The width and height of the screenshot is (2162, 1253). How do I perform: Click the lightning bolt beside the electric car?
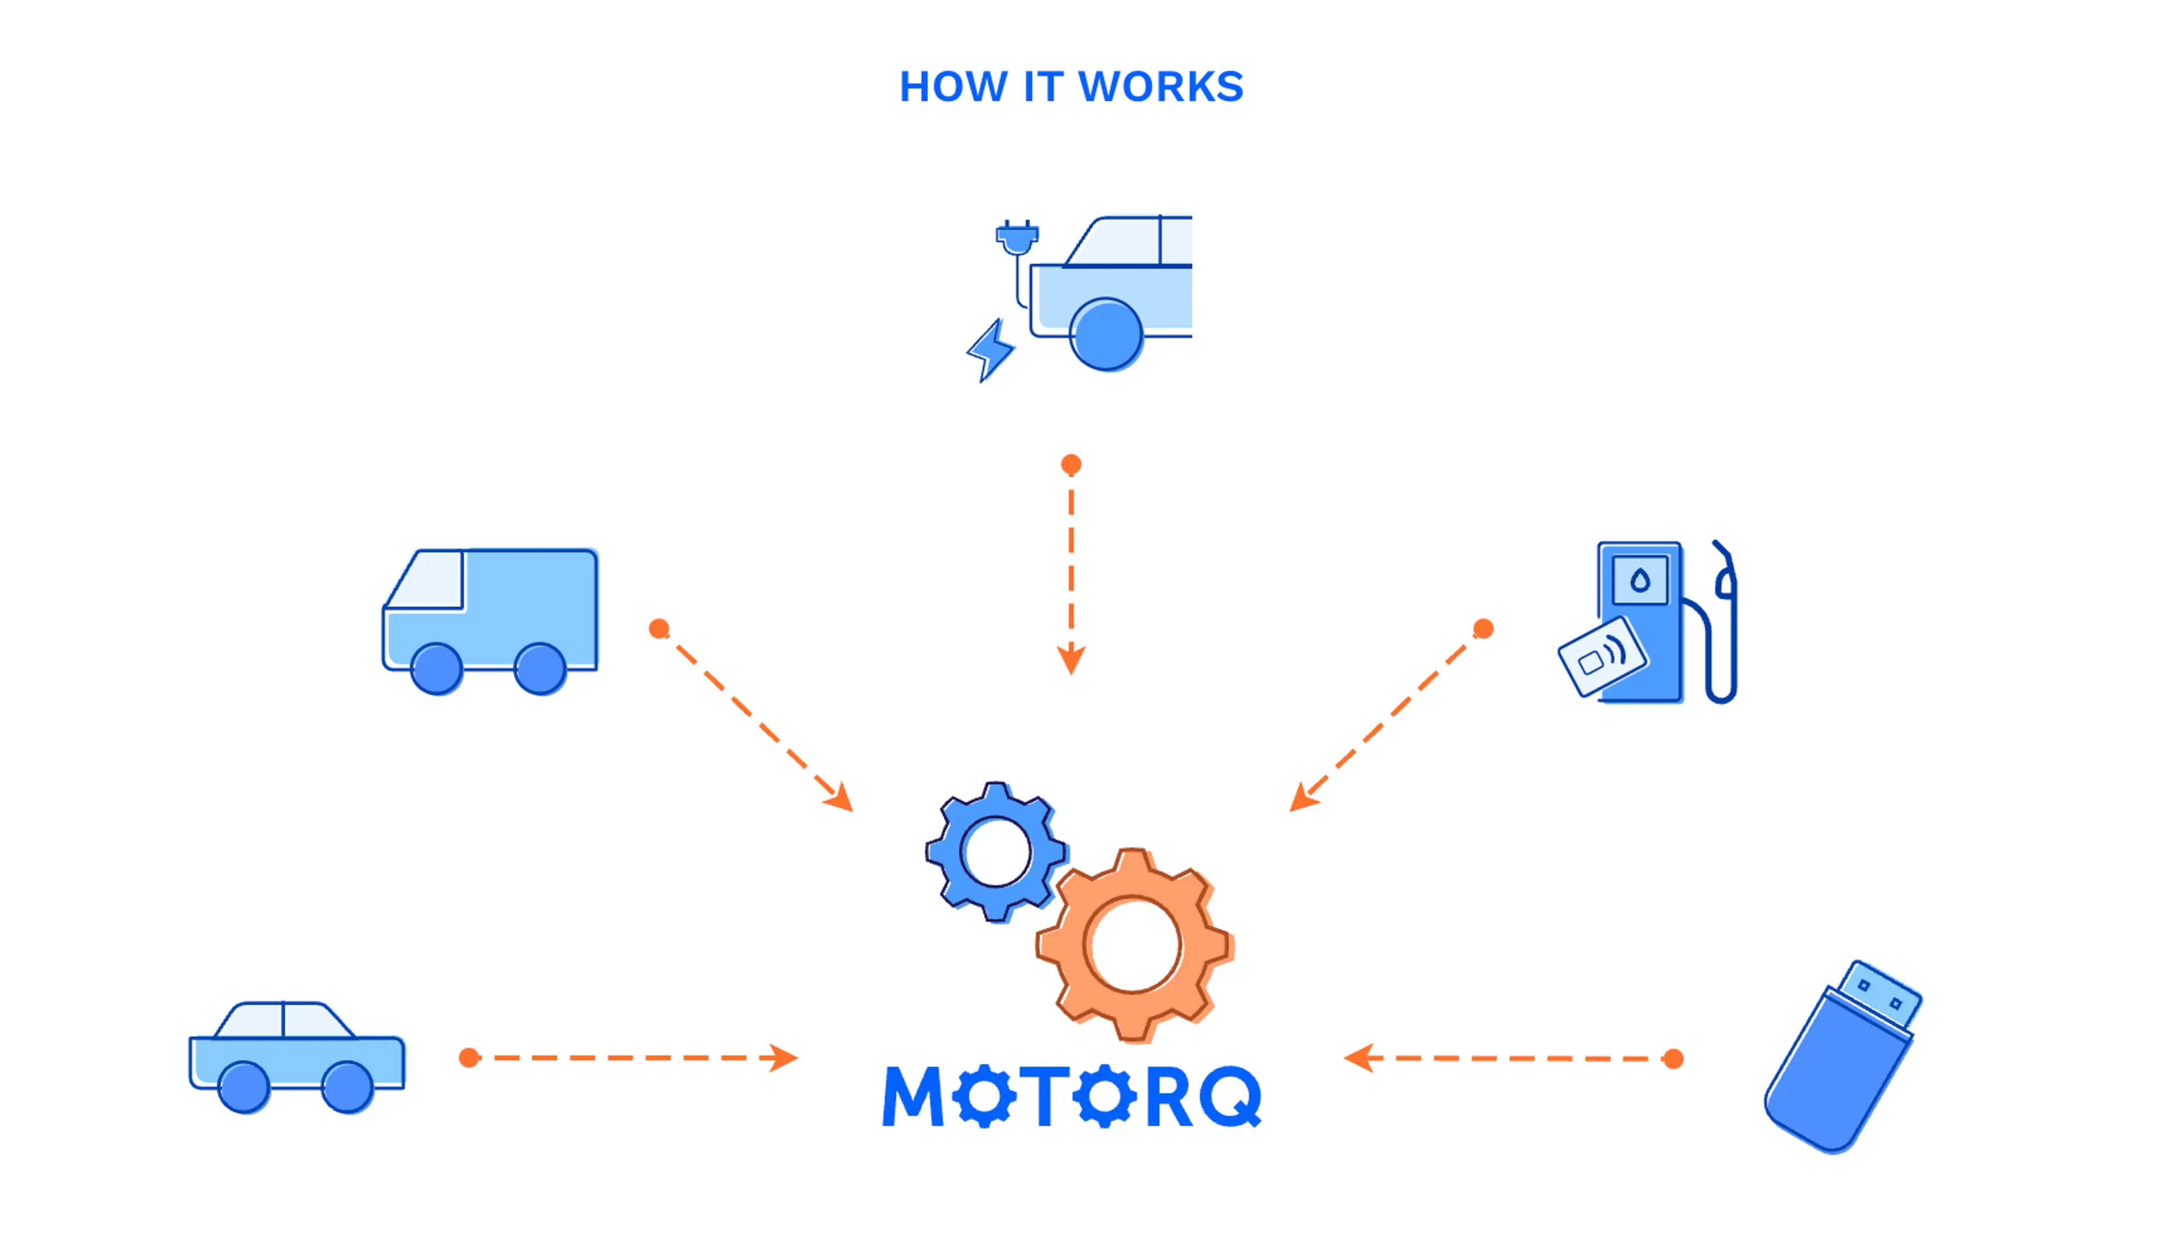tap(991, 350)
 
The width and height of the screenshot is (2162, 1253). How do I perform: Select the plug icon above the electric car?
tap(1017, 237)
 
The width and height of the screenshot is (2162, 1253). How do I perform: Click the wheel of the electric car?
tap(1106, 334)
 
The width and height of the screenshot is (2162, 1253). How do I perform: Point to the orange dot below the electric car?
tap(1071, 464)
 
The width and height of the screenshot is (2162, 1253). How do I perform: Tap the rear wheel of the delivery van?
tap(540, 669)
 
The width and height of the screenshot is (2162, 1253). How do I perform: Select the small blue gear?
tap(995, 852)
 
